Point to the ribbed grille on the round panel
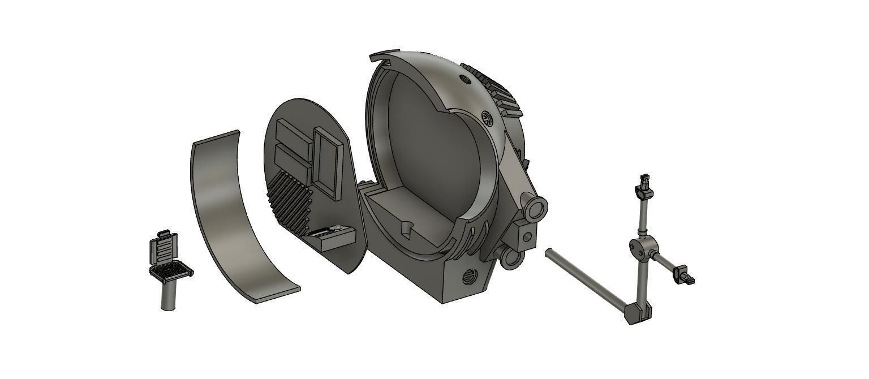[289, 199]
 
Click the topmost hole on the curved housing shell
[466, 79]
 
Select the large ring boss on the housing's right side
[536, 209]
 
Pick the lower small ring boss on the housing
[512, 258]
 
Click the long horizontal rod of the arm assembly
[586, 279]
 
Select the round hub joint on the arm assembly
[642, 247]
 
